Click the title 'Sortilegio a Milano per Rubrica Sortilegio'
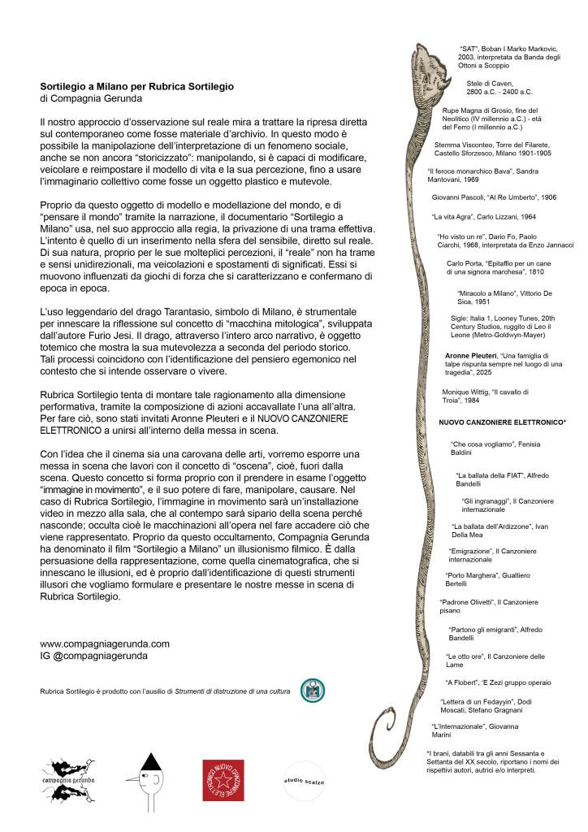point(137,86)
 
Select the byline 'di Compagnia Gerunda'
point(90,99)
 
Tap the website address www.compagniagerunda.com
point(105,643)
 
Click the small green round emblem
point(312,691)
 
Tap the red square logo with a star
point(223,780)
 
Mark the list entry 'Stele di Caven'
point(499,88)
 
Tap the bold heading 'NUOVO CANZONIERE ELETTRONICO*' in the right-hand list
point(502,422)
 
